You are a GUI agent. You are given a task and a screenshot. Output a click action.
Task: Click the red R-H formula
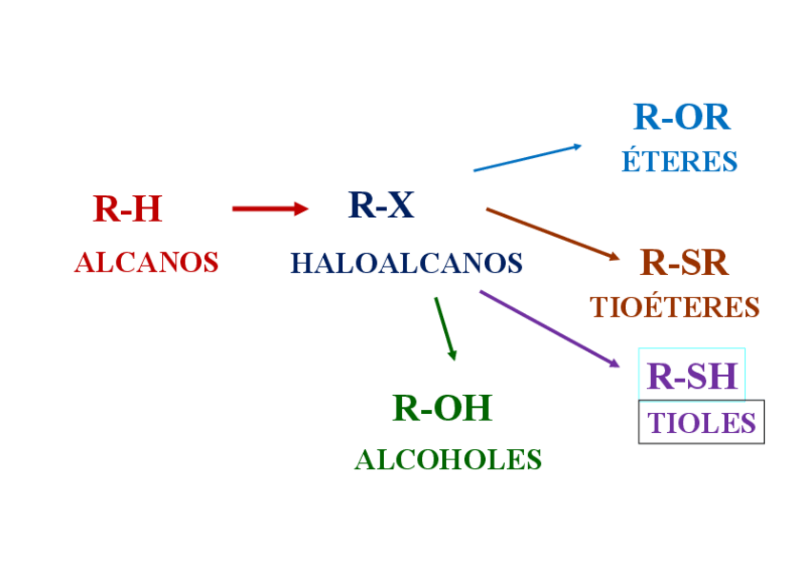coord(128,209)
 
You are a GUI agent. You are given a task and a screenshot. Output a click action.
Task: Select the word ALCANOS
coord(147,263)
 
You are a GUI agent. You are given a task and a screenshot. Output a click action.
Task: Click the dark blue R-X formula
coord(381,206)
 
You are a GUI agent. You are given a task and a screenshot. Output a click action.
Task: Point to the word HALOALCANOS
coord(407,263)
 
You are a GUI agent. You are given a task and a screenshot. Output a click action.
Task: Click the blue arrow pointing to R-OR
coord(527,158)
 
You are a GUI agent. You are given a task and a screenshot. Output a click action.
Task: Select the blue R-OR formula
coord(681,117)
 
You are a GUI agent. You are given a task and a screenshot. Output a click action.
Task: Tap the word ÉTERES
coord(679,162)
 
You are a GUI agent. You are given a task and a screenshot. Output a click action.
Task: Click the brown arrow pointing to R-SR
coord(553,233)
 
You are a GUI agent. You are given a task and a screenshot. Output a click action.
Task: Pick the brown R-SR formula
coord(684,263)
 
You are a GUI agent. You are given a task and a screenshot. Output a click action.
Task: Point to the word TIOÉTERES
coord(675,307)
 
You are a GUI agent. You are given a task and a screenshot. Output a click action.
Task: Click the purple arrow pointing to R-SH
coord(549,328)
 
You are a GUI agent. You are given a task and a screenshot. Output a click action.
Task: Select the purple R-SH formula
coord(692,376)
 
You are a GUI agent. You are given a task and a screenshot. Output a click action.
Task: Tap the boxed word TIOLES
coord(701,423)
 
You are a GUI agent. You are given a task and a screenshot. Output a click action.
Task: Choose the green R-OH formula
coord(442,408)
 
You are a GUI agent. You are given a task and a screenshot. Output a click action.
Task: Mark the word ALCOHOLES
coord(448,460)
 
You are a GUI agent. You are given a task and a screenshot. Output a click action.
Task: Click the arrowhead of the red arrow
coord(302,208)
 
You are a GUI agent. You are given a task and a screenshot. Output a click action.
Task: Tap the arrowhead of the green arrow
coord(453,355)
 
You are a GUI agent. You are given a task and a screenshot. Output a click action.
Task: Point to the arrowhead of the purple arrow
coord(615,363)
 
